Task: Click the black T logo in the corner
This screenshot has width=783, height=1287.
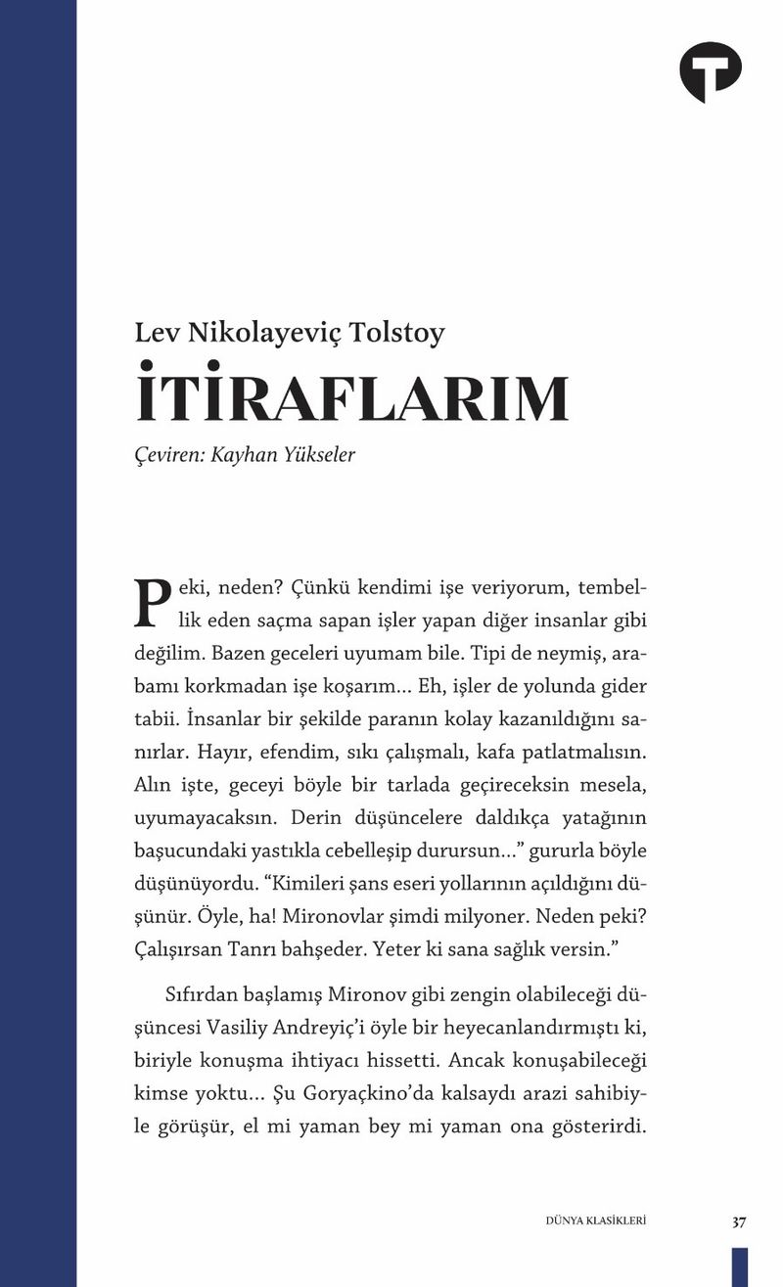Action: (710, 71)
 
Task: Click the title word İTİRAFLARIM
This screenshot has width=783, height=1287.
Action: (352, 398)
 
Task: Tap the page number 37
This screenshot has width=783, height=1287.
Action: (738, 1221)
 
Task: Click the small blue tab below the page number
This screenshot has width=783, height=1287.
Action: (739, 1266)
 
